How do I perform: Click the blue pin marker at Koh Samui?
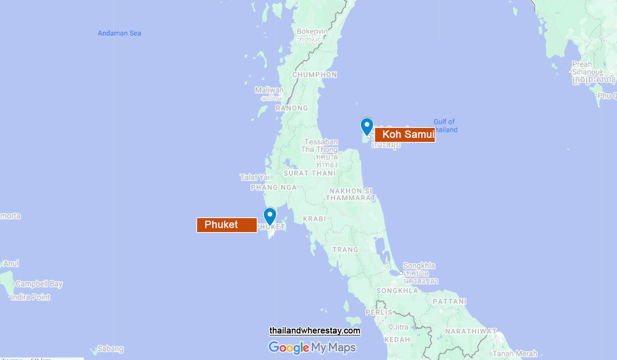click(367, 126)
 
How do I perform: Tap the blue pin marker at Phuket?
click(270, 216)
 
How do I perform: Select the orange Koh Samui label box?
click(405, 135)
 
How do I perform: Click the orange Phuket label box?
click(227, 225)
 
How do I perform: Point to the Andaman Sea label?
click(119, 33)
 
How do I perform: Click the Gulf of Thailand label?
click(445, 126)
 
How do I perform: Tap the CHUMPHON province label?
click(314, 75)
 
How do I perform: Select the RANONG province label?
click(292, 108)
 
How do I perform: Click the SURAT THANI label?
click(309, 173)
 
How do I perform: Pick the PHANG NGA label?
click(273, 187)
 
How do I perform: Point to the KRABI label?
click(314, 219)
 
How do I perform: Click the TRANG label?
click(345, 249)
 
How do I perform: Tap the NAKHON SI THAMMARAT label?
click(350, 194)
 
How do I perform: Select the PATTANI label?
click(449, 302)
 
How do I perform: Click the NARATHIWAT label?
click(470, 331)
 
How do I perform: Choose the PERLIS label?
click(379, 312)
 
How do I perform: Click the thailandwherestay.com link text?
click(314, 331)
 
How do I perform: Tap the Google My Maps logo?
click(312, 348)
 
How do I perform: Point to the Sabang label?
click(110, 349)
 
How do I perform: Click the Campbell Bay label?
click(39, 284)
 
